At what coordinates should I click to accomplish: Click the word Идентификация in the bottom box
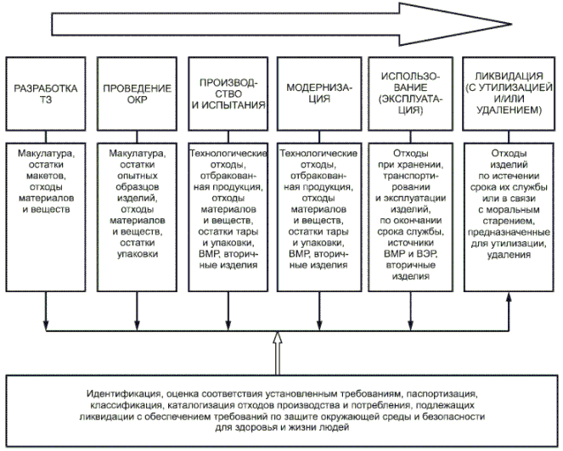tap(123, 396)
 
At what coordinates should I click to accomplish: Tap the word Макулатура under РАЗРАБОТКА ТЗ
tap(47, 154)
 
